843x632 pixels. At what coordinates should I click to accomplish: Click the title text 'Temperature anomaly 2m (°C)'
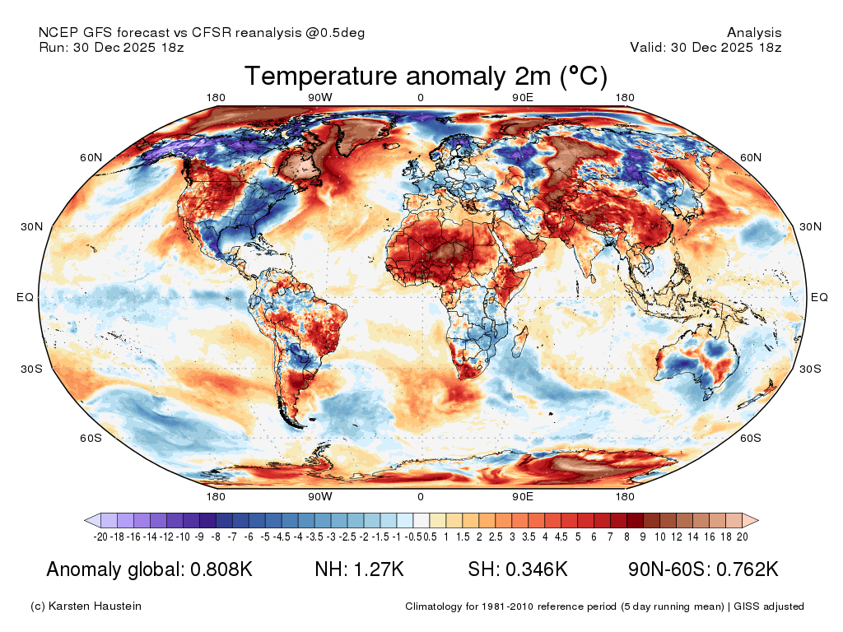(x=426, y=76)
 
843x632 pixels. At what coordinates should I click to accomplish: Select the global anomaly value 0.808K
(x=221, y=569)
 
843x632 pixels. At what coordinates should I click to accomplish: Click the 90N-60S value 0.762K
(x=748, y=569)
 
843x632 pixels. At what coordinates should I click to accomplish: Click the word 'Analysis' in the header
(x=754, y=33)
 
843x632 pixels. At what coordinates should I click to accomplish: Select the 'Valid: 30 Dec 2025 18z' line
(x=706, y=47)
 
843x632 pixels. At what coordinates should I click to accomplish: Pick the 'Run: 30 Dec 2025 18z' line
(x=111, y=47)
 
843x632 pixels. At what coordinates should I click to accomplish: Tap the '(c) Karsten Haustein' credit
(x=86, y=606)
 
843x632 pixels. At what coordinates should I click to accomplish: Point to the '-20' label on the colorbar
(x=100, y=537)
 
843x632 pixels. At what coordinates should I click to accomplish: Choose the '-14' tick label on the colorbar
(x=150, y=537)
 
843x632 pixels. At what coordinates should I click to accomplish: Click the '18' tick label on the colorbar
(x=726, y=537)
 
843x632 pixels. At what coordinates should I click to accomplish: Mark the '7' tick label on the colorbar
(x=610, y=537)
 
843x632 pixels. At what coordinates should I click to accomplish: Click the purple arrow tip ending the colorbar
(x=86, y=520)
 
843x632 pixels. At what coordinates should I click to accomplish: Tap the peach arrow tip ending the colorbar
(x=757, y=520)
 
